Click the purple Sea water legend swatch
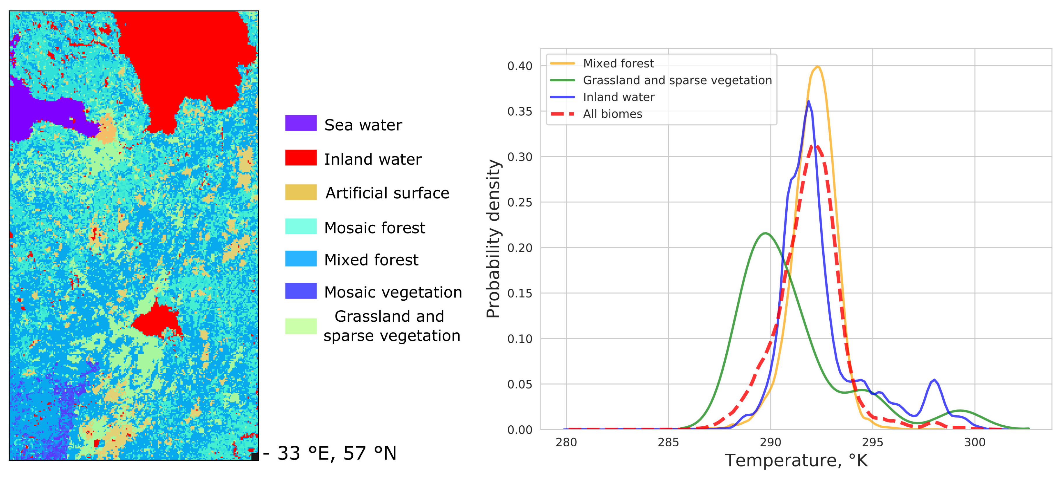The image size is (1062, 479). click(x=301, y=123)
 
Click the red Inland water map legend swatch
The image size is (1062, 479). click(x=301, y=158)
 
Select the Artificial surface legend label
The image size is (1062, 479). click(x=387, y=193)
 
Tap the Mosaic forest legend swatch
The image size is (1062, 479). click(x=301, y=226)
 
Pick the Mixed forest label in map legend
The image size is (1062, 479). click(x=371, y=260)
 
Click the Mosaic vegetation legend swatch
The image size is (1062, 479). click(x=301, y=291)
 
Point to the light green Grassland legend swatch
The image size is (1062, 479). click(x=301, y=326)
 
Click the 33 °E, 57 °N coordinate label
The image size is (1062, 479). click(x=336, y=453)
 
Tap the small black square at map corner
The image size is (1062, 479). click(x=255, y=456)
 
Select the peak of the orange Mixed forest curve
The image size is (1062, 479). click(x=817, y=66)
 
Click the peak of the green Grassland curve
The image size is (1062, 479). click(x=765, y=233)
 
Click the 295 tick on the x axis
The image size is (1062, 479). click(x=872, y=442)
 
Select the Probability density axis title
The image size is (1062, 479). click(x=493, y=238)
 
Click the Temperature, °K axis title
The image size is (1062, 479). click(x=796, y=460)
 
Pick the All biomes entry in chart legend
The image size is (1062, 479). click(x=612, y=114)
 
